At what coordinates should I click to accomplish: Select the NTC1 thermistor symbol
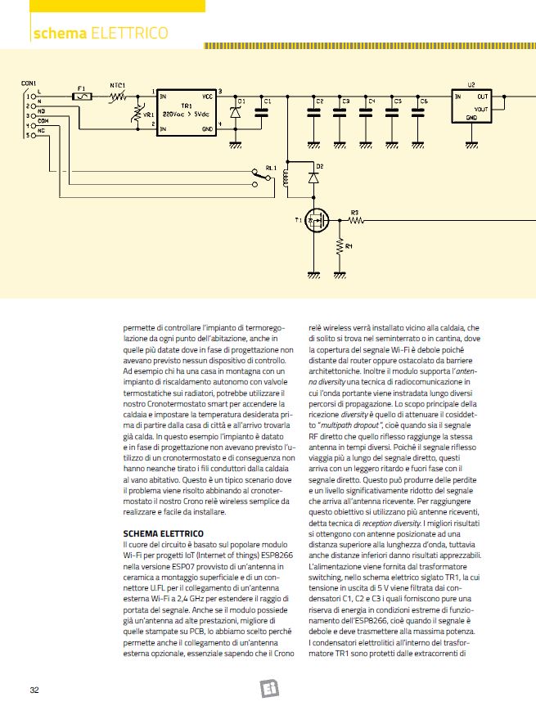118,97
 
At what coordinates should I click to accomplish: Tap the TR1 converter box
187,114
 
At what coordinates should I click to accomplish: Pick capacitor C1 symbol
262,113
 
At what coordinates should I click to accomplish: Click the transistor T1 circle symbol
313,218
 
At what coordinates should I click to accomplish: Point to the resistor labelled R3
355,218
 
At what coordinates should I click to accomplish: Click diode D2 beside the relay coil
313,176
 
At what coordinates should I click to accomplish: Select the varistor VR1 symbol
136,117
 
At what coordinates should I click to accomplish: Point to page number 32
35,690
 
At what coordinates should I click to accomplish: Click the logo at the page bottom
269,688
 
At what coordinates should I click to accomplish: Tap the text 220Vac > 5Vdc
187,114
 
